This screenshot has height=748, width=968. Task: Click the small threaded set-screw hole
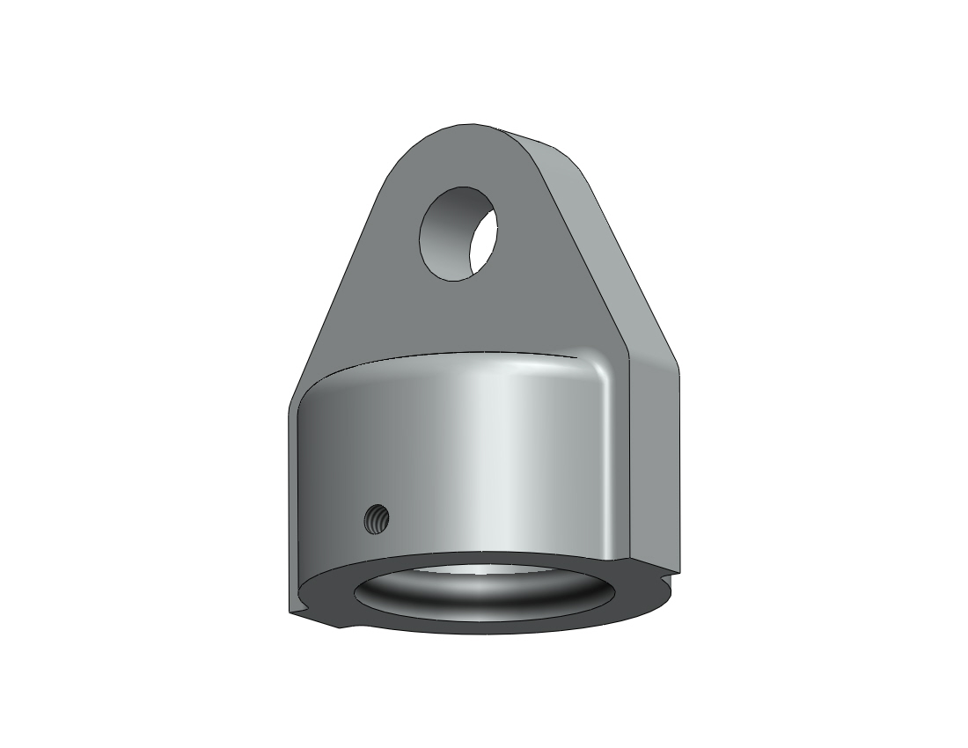[376, 520]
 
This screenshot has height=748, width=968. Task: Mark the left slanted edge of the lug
[339, 282]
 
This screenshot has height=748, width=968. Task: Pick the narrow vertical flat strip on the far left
[295, 510]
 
